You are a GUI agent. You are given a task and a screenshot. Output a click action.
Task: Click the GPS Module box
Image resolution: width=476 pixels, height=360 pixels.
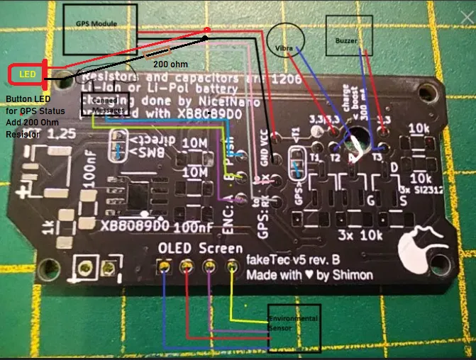[99, 28]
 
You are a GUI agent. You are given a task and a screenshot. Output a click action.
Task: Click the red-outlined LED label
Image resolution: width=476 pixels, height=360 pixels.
[27, 73]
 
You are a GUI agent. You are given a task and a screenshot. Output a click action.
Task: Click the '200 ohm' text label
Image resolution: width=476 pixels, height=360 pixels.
[170, 63]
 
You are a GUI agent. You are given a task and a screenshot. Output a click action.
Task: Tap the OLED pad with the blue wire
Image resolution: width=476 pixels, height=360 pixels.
[165, 267]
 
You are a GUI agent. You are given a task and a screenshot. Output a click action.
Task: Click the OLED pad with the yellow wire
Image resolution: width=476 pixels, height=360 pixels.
[231, 266]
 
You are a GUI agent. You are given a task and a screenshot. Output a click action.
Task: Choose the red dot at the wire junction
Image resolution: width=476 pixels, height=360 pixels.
[206, 30]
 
